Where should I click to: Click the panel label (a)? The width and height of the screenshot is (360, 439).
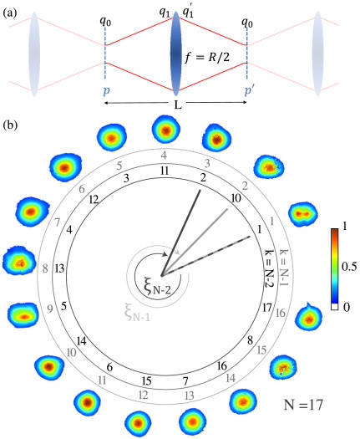[x=10, y=14]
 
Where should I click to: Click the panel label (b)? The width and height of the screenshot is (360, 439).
[x=10, y=125]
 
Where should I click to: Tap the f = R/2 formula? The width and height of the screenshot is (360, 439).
[x=207, y=58]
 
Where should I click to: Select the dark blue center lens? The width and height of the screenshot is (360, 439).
[x=175, y=54]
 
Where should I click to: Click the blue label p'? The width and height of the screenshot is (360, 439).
[x=249, y=91]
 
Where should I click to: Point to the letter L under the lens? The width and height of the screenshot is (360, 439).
[x=177, y=105]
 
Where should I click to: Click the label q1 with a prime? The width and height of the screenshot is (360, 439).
[x=188, y=13]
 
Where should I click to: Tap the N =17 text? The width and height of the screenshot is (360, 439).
[x=303, y=405]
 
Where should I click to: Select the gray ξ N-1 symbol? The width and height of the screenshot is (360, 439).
[x=137, y=313]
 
